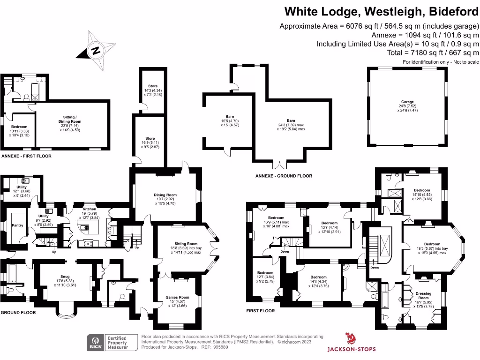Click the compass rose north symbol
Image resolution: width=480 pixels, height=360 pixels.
pos(96,50)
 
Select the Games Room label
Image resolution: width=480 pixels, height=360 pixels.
pos(177,297)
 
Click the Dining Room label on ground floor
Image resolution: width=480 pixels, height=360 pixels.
pos(165,195)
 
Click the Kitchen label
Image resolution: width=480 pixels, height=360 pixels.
pos(89,210)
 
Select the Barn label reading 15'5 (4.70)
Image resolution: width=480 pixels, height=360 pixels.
pos(230,117)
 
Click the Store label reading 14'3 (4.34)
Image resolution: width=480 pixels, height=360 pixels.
pos(153,86)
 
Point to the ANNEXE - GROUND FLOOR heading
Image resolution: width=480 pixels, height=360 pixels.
pos(284,176)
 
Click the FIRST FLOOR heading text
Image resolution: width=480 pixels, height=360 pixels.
pos(261,310)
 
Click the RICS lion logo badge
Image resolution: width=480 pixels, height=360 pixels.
pos(96,342)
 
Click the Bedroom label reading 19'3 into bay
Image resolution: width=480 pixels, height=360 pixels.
pos(432,244)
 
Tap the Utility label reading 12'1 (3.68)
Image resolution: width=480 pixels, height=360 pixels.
pos(21,187)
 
